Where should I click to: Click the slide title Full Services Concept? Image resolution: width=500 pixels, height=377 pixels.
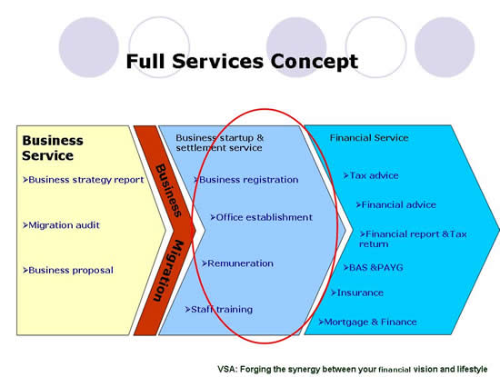[242, 62]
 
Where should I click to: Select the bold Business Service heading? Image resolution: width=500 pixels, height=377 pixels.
[53, 148]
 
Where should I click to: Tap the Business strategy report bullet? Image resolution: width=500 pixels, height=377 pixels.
[83, 180]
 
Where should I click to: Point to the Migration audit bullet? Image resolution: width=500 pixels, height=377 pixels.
[61, 225]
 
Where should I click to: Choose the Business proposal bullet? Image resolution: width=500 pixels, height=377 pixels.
[67, 270]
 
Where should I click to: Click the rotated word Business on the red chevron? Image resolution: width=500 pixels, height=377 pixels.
[168, 191]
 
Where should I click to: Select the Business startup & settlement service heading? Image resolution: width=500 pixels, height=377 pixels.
[220, 143]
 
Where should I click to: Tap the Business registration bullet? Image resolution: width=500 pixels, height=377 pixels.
[245, 180]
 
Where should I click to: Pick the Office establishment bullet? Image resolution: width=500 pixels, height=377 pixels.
[261, 217]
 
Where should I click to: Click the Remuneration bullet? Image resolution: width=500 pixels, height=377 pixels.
[237, 263]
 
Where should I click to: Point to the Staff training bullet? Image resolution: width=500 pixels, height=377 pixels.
[219, 310]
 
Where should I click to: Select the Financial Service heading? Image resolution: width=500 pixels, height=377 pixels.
[369, 138]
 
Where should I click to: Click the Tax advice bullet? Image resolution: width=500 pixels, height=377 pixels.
[371, 175]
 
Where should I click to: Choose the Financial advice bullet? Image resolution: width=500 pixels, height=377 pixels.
[395, 204]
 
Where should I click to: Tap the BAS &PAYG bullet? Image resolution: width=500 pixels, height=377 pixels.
[373, 267]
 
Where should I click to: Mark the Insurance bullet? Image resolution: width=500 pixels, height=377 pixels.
[357, 293]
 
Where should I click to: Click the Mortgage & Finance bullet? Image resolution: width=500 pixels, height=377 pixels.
[367, 322]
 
